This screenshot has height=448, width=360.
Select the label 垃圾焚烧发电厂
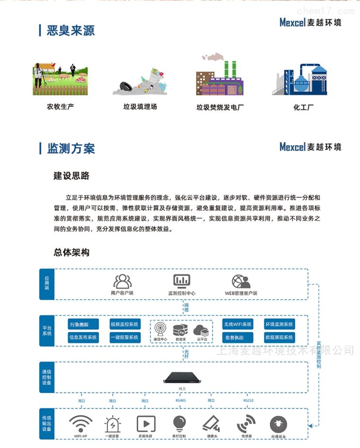click(220, 108)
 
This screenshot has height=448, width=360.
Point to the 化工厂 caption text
click(304, 108)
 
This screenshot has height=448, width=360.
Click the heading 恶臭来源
click(71, 31)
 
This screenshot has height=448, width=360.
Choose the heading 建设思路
click(71, 176)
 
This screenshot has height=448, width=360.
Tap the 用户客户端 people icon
click(122, 281)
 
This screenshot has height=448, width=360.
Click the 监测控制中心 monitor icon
click(181, 281)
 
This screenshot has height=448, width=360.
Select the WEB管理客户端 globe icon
click(241, 281)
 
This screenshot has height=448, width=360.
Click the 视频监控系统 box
click(125, 324)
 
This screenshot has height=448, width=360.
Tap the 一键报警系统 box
click(125, 338)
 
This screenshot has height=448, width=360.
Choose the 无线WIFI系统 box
click(238, 324)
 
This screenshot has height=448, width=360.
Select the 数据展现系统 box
click(279, 338)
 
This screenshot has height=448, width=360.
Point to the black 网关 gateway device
click(182, 377)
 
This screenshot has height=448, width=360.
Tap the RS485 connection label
click(180, 401)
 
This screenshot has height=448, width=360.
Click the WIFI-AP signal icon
click(80, 422)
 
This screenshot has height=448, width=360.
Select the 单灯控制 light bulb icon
click(179, 422)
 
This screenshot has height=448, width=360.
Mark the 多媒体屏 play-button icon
click(145, 423)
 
